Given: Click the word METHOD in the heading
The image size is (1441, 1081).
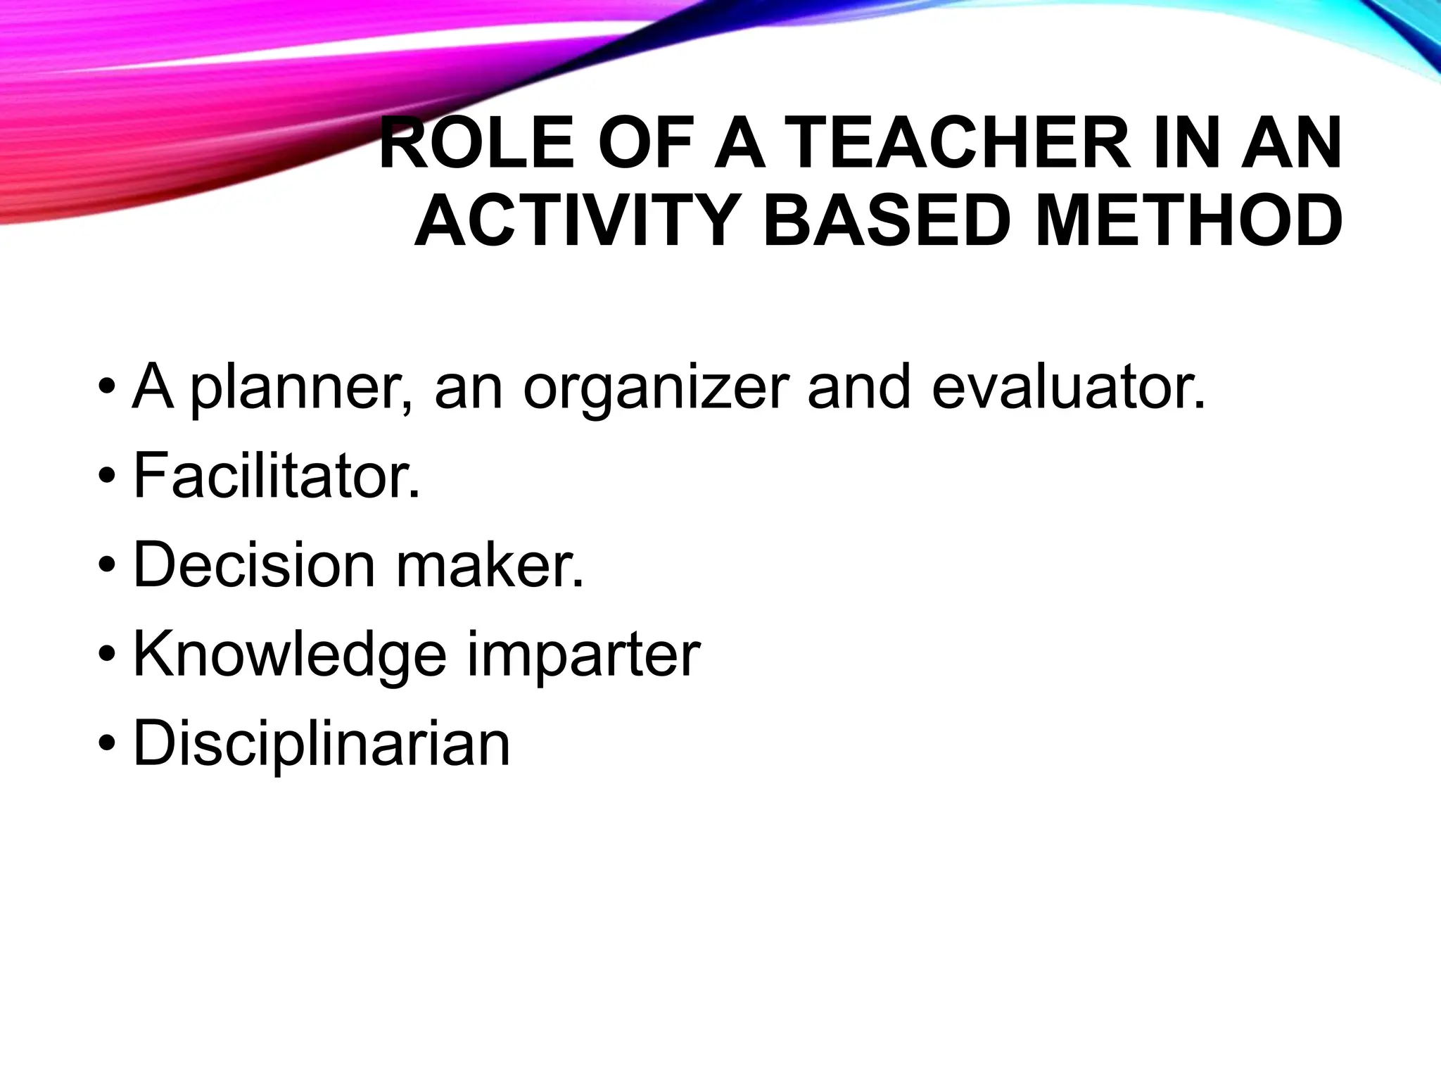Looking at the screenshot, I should click(x=1188, y=223).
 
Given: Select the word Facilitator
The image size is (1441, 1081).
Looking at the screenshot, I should click(x=277, y=476).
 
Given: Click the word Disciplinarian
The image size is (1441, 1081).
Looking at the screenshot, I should click(x=322, y=745).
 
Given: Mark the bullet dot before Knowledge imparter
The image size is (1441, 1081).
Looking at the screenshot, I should click(x=107, y=657).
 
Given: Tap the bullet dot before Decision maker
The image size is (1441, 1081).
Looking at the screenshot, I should click(x=107, y=567).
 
